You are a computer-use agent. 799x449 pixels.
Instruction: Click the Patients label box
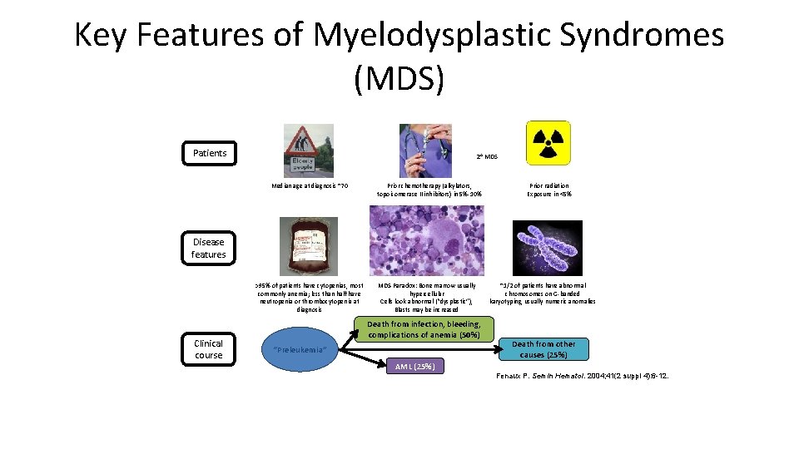(x=210, y=152)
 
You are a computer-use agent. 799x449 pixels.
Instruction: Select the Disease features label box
(x=208, y=248)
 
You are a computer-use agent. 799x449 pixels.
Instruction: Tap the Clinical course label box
(x=208, y=348)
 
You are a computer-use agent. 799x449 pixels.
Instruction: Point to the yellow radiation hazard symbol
(x=548, y=142)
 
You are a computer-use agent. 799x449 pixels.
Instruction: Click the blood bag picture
(x=310, y=246)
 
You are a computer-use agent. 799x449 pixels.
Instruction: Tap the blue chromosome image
(x=548, y=248)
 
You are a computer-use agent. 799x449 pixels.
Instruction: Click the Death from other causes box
(x=543, y=349)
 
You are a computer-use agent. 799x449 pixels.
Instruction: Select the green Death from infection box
(x=424, y=329)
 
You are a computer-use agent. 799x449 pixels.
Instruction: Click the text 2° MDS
(x=487, y=156)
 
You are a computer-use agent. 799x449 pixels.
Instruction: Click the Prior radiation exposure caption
(x=548, y=190)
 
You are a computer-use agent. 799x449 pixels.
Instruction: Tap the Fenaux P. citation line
(x=582, y=376)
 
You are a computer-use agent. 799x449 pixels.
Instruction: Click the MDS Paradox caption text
(x=428, y=297)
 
